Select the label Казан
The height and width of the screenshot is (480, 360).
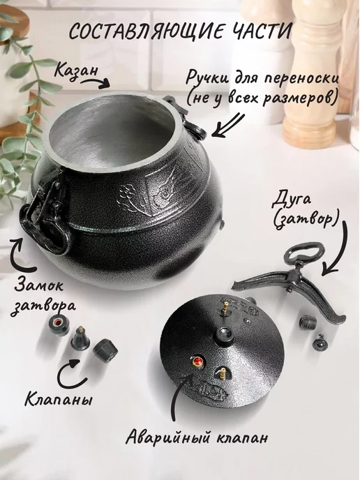click(77, 70)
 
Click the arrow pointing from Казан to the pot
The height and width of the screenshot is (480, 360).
click(95, 82)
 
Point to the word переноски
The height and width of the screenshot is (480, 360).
click(301, 80)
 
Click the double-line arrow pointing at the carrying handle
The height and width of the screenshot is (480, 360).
click(228, 126)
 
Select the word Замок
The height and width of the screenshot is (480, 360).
click(39, 287)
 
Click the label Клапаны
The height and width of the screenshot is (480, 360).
click(58, 400)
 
